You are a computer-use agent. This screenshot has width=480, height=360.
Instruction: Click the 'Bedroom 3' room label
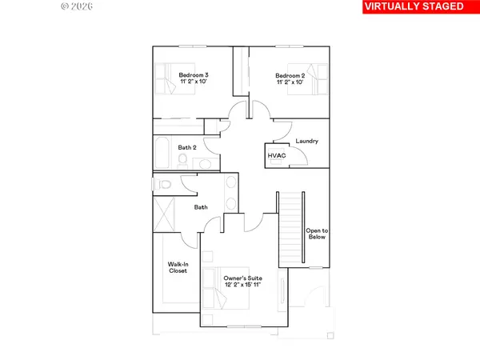(x=194, y=77)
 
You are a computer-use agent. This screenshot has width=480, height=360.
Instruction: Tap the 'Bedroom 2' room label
(x=291, y=77)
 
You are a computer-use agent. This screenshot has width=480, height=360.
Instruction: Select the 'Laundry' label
(x=307, y=142)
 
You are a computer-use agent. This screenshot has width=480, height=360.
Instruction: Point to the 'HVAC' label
(x=277, y=156)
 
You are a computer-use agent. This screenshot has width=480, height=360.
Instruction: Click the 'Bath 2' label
(x=187, y=147)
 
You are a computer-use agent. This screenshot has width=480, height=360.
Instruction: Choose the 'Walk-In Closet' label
(x=177, y=267)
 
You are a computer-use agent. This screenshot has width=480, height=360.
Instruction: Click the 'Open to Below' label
(x=317, y=235)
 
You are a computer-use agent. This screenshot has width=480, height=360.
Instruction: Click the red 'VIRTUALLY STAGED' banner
(x=414, y=7)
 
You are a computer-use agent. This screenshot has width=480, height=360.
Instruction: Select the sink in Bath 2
(x=203, y=162)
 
